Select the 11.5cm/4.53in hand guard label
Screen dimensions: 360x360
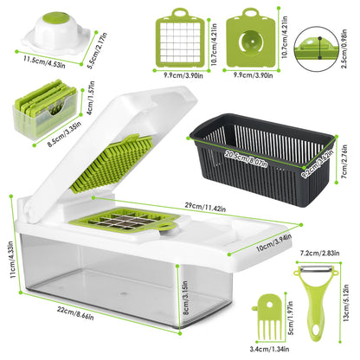(35, 61)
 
